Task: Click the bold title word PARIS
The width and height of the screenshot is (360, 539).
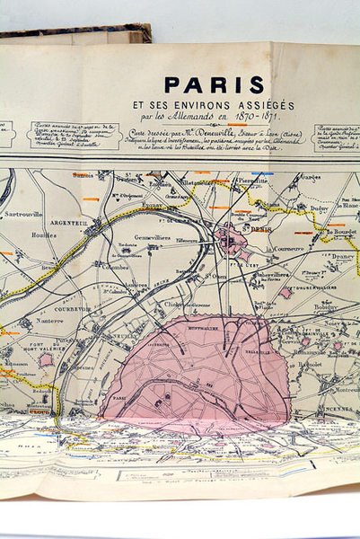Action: coord(214,85)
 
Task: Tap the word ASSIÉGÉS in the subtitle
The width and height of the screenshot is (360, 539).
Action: coord(265,104)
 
